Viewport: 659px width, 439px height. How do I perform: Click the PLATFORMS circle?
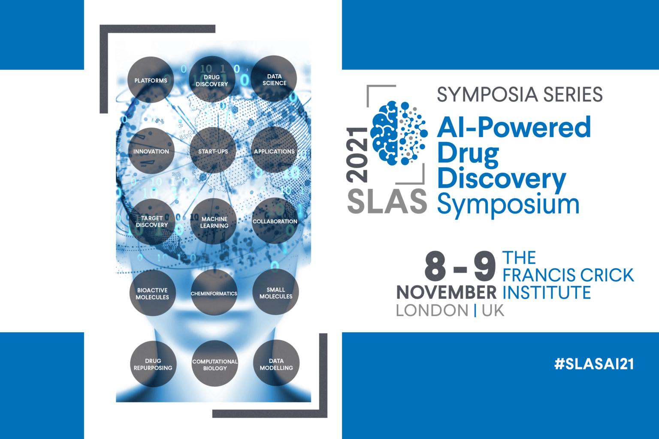151,80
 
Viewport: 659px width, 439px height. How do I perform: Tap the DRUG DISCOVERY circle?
212,79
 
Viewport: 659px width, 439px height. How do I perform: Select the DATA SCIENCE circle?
274,78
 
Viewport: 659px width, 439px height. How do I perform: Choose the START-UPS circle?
213,150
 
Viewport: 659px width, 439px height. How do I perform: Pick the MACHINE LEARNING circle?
214,221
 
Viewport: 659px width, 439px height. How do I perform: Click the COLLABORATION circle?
275,220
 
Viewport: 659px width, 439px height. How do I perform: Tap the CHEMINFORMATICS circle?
214,292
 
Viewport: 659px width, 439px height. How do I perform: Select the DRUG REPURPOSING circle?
153,364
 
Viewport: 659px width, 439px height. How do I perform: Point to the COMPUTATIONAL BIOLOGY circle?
215,364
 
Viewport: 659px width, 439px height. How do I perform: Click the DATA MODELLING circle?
276,363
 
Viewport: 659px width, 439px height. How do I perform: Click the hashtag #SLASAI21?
594,364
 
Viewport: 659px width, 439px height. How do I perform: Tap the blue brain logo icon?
399,133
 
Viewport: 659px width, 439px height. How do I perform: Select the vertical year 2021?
357,155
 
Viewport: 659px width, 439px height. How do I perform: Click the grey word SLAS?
387,201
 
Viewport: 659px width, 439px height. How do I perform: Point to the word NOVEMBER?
446,292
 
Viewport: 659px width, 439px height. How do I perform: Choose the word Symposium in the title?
508,205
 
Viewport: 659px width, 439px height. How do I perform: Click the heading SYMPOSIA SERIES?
520,94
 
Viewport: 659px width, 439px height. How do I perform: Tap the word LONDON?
432,310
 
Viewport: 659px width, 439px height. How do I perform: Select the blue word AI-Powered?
514,127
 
